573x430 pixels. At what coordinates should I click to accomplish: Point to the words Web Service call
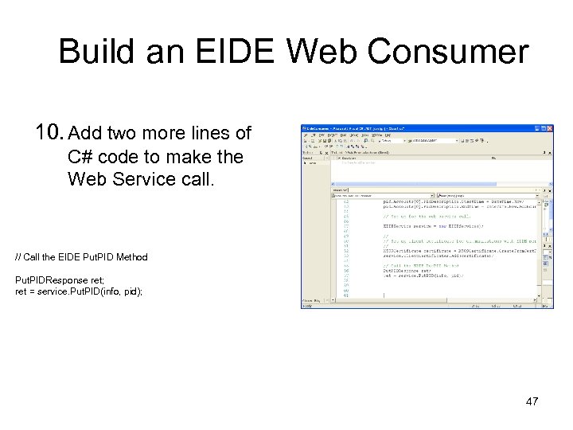(x=142, y=178)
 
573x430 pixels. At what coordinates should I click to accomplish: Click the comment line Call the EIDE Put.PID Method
(x=81, y=257)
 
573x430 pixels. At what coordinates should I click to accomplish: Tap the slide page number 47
(x=532, y=401)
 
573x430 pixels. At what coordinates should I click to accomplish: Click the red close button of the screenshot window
(x=548, y=128)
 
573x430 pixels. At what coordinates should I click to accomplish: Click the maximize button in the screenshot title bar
(x=542, y=128)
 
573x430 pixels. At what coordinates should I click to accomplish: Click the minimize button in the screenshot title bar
(x=536, y=128)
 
